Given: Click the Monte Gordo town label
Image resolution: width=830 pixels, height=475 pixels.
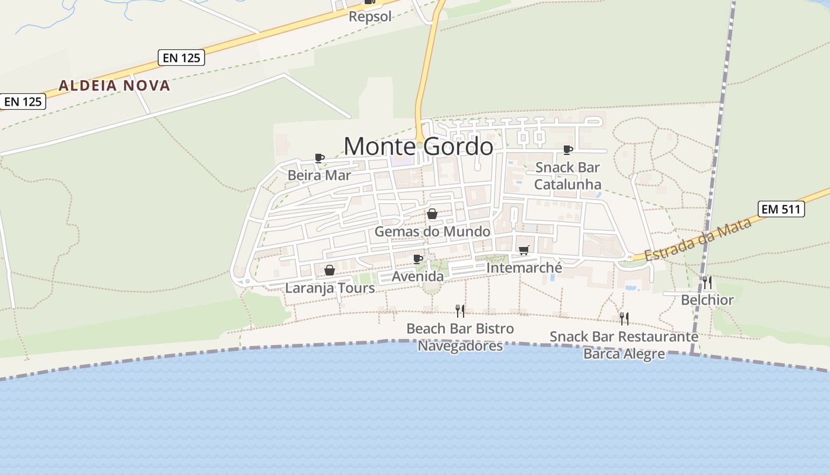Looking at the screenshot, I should click(x=418, y=146).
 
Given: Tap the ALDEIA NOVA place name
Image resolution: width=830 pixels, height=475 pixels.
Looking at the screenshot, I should click(x=114, y=85).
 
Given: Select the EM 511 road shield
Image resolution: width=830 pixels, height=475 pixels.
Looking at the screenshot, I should click(x=781, y=209).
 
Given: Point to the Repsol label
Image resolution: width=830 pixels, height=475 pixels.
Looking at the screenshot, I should click(x=370, y=17).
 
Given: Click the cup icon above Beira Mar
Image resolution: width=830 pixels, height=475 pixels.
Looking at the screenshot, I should click(x=319, y=158).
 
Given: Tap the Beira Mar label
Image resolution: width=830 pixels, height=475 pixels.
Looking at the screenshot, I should click(x=319, y=175).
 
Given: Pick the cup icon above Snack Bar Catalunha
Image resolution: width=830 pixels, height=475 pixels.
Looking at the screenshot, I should click(x=567, y=150).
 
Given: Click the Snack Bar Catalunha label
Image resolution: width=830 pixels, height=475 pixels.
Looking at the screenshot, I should click(x=567, y=176).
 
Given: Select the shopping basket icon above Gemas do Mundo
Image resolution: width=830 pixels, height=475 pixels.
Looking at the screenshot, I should click(x=432, y=214).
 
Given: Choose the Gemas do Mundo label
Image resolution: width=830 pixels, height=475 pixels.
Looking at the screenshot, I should click(x=432, y=232).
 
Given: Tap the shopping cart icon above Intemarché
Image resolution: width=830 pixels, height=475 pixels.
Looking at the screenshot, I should click(x=523, y=251).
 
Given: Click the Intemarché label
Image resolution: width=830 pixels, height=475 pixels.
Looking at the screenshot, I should click(x=523, y=268).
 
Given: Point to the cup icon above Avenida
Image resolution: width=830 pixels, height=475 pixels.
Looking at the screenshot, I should click(x=417, y=259).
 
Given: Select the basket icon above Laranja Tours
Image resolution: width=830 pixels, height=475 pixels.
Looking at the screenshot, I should click(x=330, y=271).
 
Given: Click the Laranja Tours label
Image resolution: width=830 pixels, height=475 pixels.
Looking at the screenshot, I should click(x=330, y=289).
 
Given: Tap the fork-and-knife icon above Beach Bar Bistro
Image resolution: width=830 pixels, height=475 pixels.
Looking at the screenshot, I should click(x=460, y=311).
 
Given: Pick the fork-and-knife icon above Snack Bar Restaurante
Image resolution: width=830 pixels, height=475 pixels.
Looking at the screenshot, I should click(x=624, y=319).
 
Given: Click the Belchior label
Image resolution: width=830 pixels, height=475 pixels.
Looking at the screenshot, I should click(x=707, y=300).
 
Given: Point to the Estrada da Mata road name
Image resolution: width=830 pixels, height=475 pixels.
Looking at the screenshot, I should click(x=698, y=239).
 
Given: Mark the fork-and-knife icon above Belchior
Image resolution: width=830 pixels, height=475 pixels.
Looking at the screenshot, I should click(x=707, y=282).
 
